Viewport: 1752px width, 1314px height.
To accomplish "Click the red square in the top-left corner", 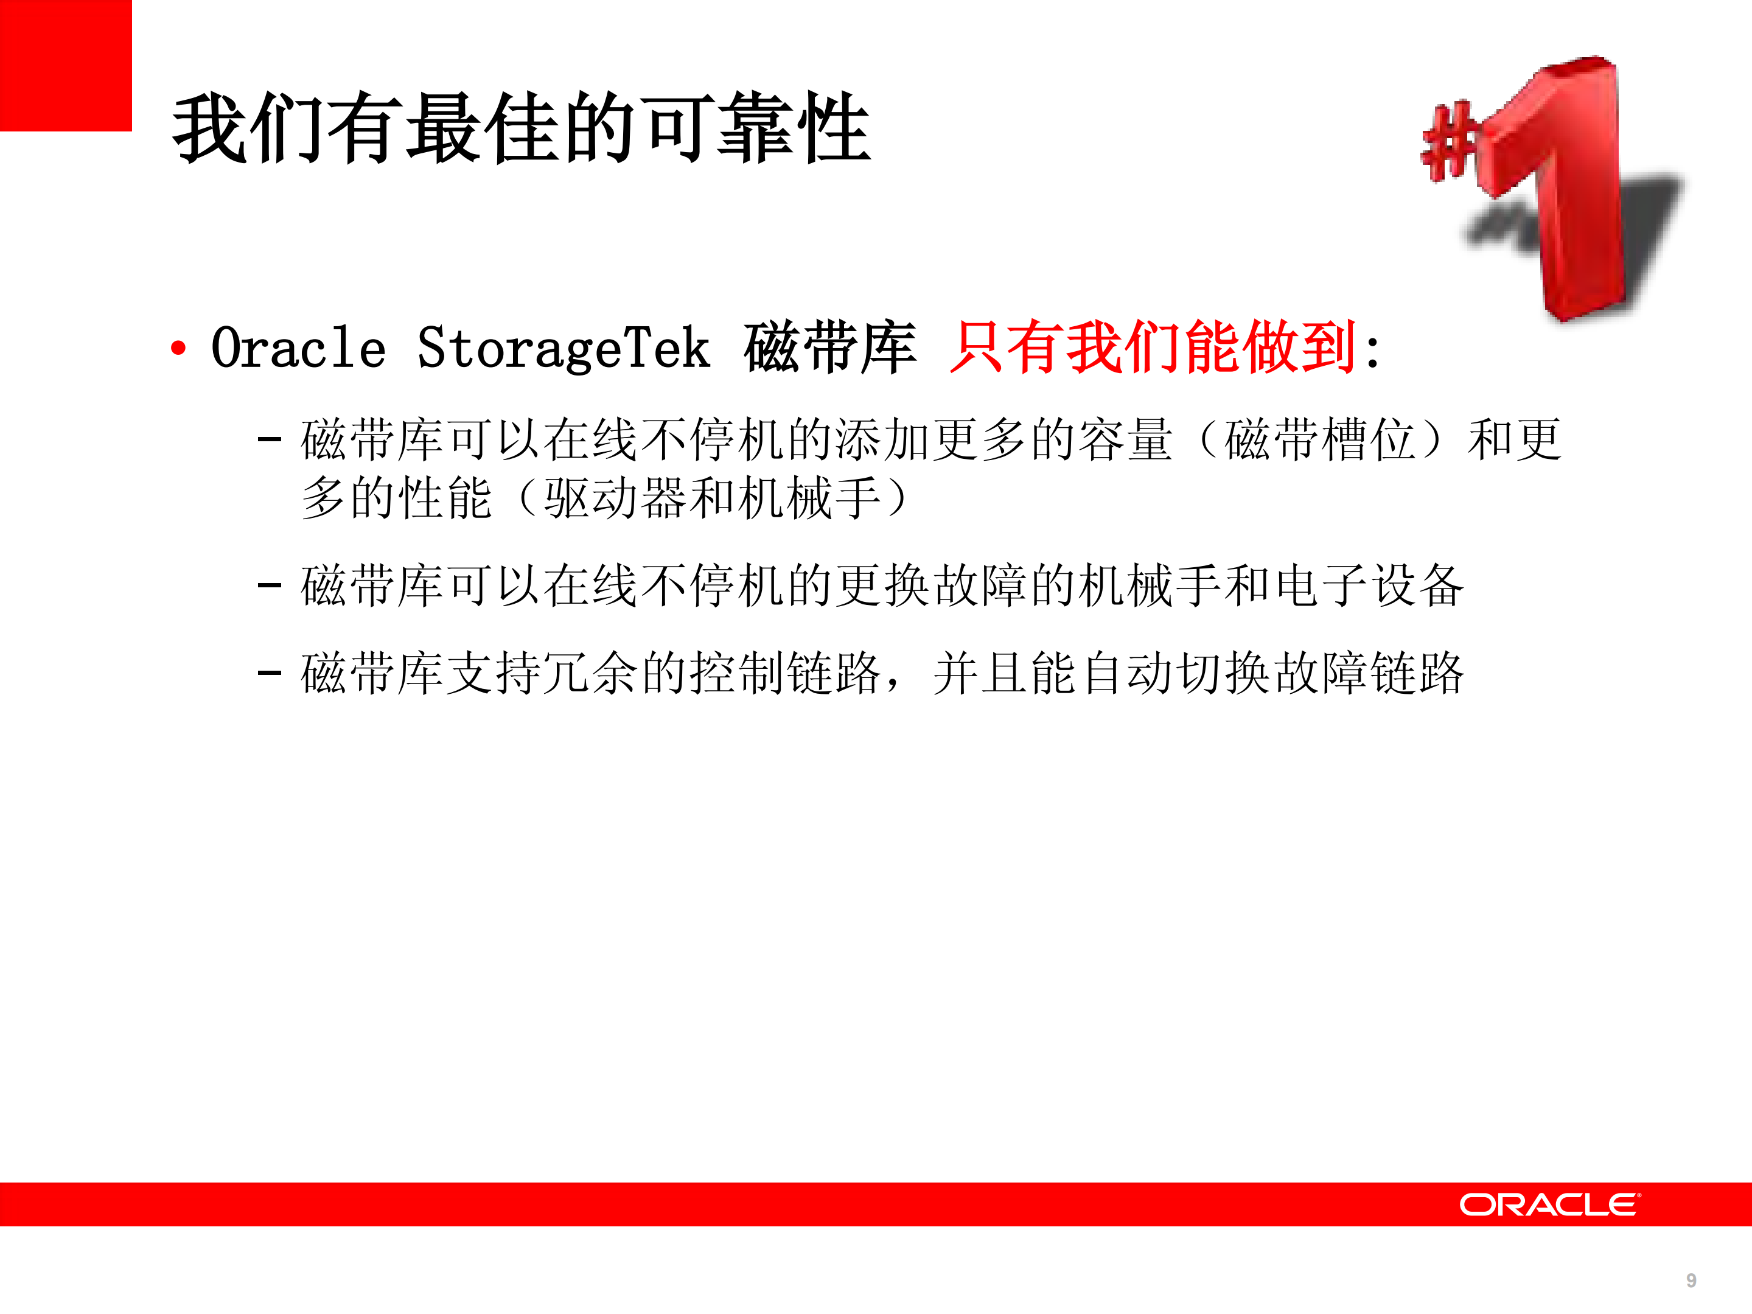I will coord(65,65).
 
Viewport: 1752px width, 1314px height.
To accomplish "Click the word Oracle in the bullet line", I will coord(299,349).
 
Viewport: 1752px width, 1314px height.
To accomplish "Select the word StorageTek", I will coord(563,349).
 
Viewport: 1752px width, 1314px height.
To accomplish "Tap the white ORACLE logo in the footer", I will coord(1549,1204).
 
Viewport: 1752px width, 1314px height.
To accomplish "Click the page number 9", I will coord(1691,1281).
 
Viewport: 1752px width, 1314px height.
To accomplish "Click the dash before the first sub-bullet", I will coord(270,438).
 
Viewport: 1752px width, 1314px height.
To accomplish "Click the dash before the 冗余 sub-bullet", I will coord(270,673).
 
